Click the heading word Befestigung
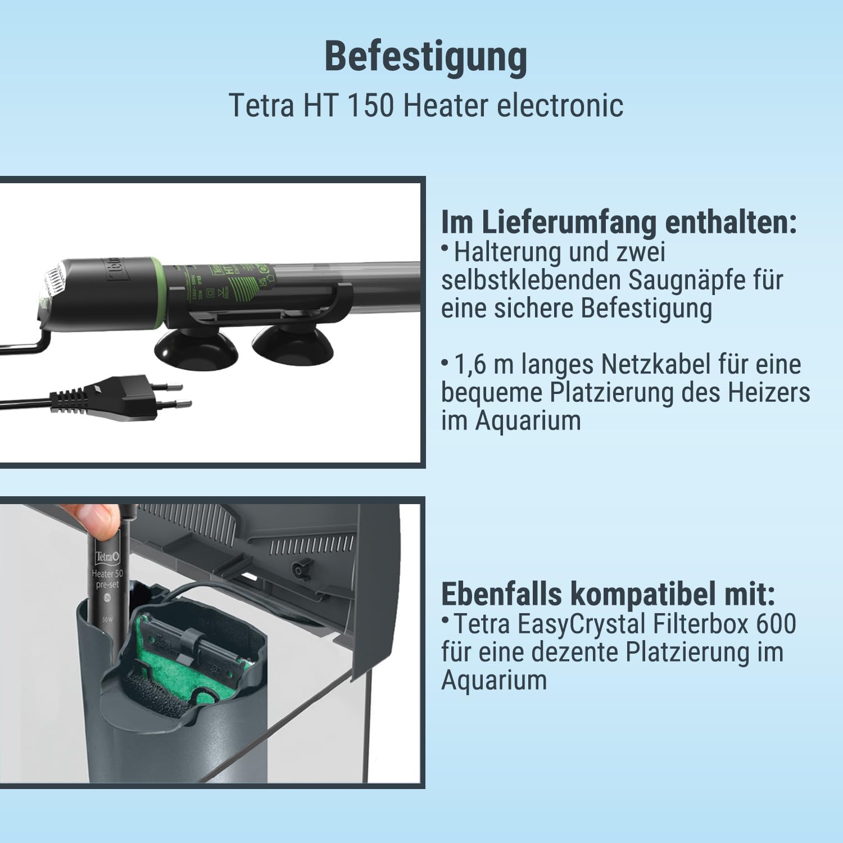(425, 58)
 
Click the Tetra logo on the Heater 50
(106, 557)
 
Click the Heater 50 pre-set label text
(107, 579)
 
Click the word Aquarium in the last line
(493, 680)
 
